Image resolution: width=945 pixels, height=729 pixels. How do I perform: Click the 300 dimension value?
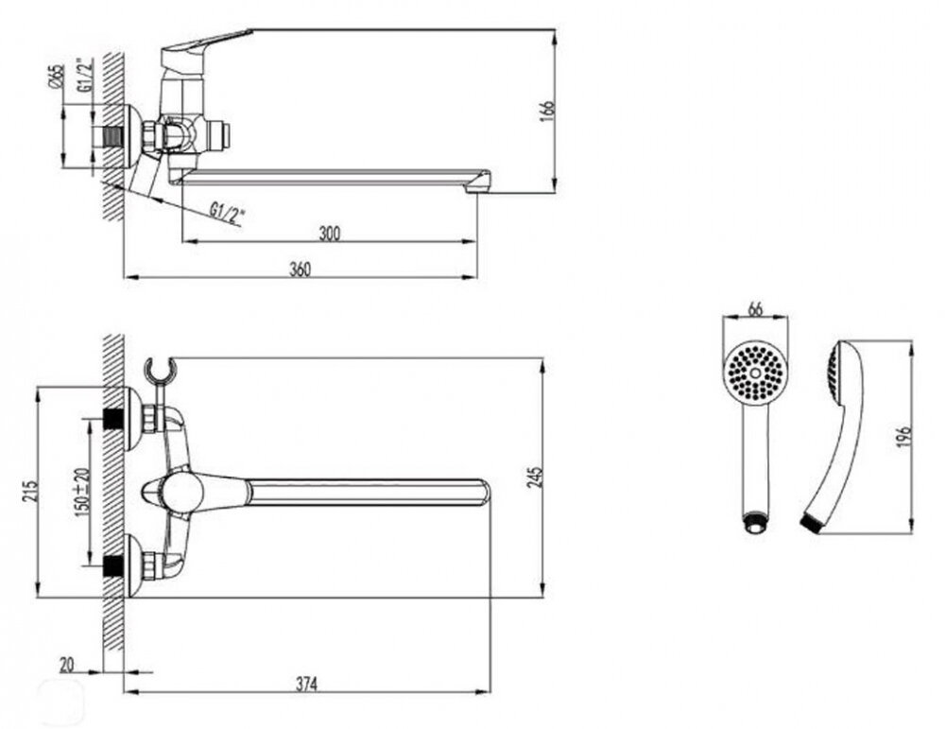[x=329, y=233]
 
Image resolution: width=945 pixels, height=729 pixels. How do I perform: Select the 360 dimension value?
[x=301, y=269]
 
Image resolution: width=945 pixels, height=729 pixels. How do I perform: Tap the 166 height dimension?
[x=547, y=113]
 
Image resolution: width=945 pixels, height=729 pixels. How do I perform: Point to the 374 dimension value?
[x=306, y=684]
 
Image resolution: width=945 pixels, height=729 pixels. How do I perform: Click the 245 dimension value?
[x=535, y=477]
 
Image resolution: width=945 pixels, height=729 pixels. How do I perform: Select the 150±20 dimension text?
[x=82, y=489]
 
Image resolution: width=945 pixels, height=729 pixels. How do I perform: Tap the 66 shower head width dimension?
[x=755, y=309]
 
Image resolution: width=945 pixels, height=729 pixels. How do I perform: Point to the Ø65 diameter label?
[x=57, y=78]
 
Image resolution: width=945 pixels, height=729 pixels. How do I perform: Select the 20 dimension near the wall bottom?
[x=67, y=665]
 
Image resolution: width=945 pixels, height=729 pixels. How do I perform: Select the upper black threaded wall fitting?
[x=112, y=418]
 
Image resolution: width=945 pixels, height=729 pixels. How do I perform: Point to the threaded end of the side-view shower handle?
[x=812, y=522]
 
